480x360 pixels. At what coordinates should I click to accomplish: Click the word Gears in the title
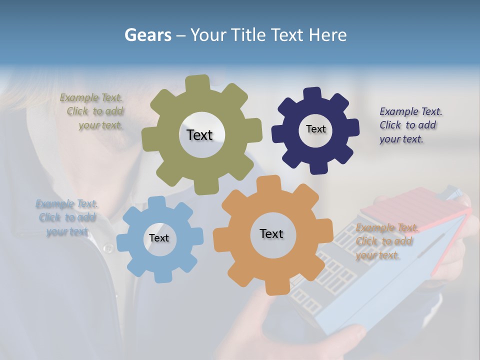[x=147, y=35]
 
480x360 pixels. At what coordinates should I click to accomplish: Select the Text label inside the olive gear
[x=199, y=135]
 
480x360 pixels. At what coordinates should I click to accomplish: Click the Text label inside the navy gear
[x=315, y=129]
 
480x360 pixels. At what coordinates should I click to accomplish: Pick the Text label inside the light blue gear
[x=159, y=238]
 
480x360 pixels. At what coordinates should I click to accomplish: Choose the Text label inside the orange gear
[x=271, y=233]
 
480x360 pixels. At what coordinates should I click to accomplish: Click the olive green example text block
[x=92, y=111]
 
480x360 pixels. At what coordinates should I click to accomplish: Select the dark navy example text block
[x=410, y=125]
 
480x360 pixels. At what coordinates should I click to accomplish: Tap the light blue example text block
[x=67, y=217]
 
